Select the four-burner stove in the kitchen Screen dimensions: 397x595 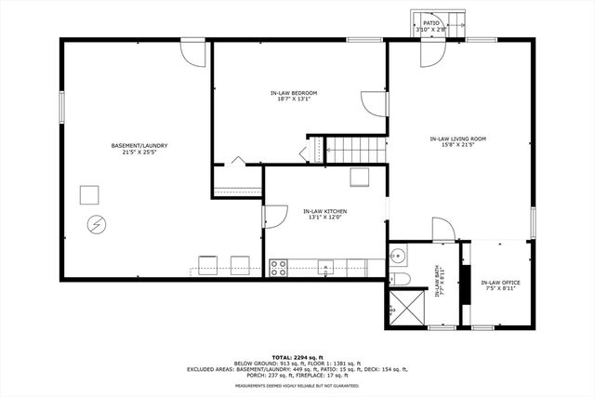277,268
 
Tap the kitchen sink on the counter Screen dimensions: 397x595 324,269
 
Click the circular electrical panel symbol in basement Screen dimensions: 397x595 97,223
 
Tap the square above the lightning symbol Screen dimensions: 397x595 89,194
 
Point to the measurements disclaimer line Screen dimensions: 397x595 297,385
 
